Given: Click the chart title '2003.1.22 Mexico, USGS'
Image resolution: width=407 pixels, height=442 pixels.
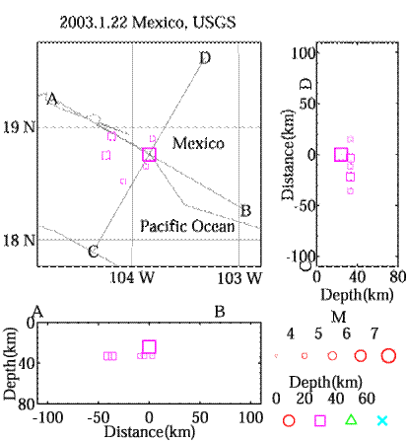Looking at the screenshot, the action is (x=148, y=23).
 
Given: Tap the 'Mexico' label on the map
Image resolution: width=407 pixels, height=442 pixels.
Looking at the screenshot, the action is (x=198, y=143).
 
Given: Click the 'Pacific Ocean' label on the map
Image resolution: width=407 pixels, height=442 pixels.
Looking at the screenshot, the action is (x=187, y=226).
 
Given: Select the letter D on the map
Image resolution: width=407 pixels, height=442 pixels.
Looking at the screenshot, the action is (x=205, y=58).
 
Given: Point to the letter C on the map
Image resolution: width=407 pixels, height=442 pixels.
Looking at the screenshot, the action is (x=93, y=252).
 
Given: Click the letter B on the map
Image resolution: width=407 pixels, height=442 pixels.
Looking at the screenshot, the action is (x=245, y=211).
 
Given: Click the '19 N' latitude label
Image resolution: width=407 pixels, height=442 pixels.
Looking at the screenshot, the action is (x=19, y=127).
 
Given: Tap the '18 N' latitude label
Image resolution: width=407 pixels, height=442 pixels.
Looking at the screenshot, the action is (x=19, y=241).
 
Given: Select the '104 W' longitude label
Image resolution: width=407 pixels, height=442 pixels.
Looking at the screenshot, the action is (x=131, y=278).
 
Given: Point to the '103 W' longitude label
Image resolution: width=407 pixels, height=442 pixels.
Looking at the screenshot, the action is (x=239, y=278).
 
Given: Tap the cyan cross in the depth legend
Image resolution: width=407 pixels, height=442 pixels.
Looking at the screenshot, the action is (x=382, y=420).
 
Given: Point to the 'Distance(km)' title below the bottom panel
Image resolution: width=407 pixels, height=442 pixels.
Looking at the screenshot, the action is (x=150, y=432).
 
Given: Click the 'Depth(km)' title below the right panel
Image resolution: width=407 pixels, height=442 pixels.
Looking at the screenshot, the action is (x=357, y=295).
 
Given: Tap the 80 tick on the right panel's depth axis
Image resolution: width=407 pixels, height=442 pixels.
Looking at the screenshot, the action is (x=398, y=277).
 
